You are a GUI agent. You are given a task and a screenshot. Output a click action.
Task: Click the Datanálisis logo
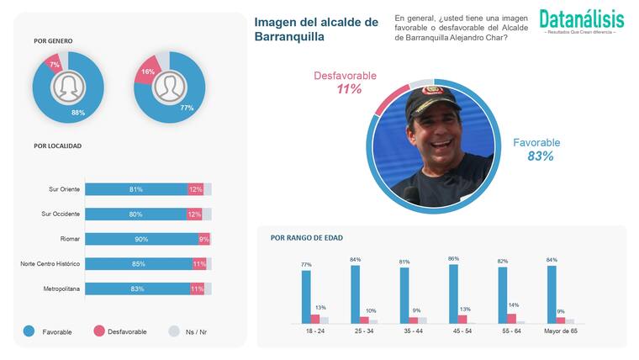point(581,19)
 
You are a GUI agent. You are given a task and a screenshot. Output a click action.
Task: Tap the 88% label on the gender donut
point(78,113)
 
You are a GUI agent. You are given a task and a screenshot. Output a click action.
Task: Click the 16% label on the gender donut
point(147,72)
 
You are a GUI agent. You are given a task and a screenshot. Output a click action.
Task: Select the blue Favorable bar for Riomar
point(140,239)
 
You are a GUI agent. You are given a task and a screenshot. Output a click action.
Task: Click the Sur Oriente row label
point(61,189)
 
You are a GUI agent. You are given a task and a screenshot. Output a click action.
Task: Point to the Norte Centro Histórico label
point(50,264)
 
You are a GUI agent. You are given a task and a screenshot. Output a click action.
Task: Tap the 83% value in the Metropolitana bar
point(135,289)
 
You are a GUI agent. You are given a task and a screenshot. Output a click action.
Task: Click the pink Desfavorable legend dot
point(98,331)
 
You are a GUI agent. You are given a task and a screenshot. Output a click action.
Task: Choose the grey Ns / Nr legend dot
point(175,331)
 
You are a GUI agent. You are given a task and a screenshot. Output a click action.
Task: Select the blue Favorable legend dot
point(29,331)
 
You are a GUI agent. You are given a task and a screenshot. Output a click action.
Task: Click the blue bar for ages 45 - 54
point(454,294)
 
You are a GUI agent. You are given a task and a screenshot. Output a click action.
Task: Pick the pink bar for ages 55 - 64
point(512,318)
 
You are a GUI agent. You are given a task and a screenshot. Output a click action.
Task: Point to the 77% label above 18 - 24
point(306,264)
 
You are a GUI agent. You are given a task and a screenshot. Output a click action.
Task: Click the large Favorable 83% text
point(536,150)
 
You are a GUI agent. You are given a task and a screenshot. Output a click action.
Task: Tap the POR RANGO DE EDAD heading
point(306,238)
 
